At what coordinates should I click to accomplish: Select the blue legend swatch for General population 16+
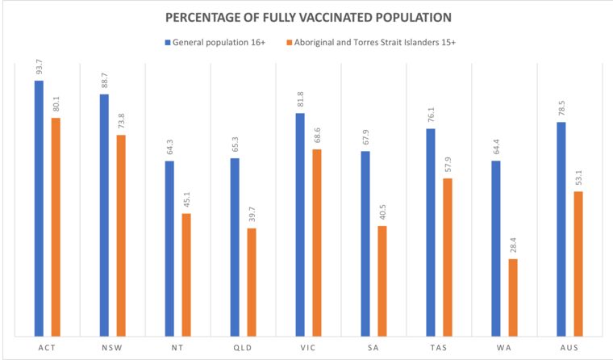tap(169, 41)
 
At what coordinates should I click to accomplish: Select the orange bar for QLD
tap(252, 282)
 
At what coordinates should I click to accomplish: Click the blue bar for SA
tap(365, 243)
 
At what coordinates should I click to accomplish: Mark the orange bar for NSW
tap(121, 235)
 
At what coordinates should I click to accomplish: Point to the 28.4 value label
tap(513, 245)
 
